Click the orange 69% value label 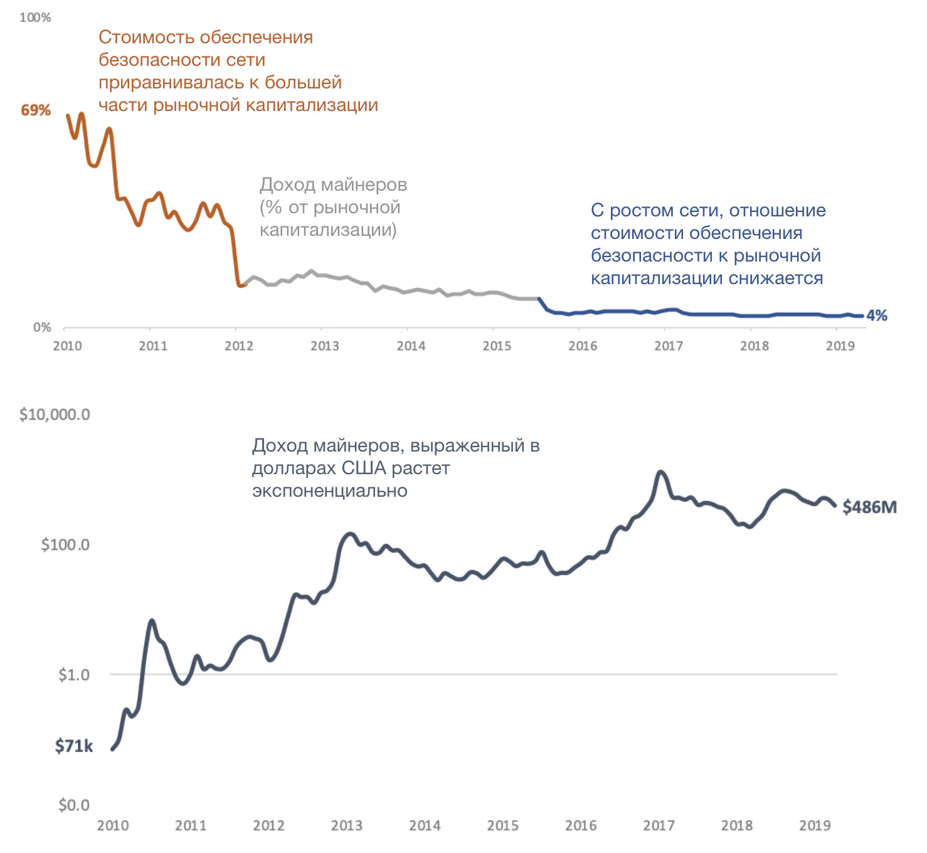point(36,110)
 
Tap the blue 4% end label point(877,315)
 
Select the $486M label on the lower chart point(869,507)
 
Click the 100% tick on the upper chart point(35,18)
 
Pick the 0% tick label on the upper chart point(42,327)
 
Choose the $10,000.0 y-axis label point(55,415)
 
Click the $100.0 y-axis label point(65,544)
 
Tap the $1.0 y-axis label point(74,675)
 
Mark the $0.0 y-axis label point(74,805)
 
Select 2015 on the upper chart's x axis point(497,346)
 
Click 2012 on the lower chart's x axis point(268,826)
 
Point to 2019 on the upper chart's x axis point(840,346)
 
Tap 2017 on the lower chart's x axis point(659,826)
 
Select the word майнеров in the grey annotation point(364,185)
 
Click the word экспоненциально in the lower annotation point(330,490)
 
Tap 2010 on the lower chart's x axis point(113,826)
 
